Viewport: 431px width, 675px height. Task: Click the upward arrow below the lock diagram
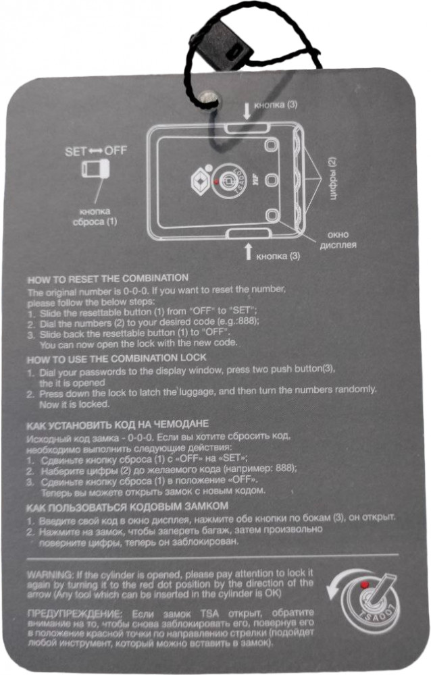[x=248, y=252]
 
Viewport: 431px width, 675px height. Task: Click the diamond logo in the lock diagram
[x=200, y=182]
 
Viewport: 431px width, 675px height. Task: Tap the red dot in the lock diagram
[x=215, y=182]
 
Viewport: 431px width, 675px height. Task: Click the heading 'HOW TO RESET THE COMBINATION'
[x=108, y=279]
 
